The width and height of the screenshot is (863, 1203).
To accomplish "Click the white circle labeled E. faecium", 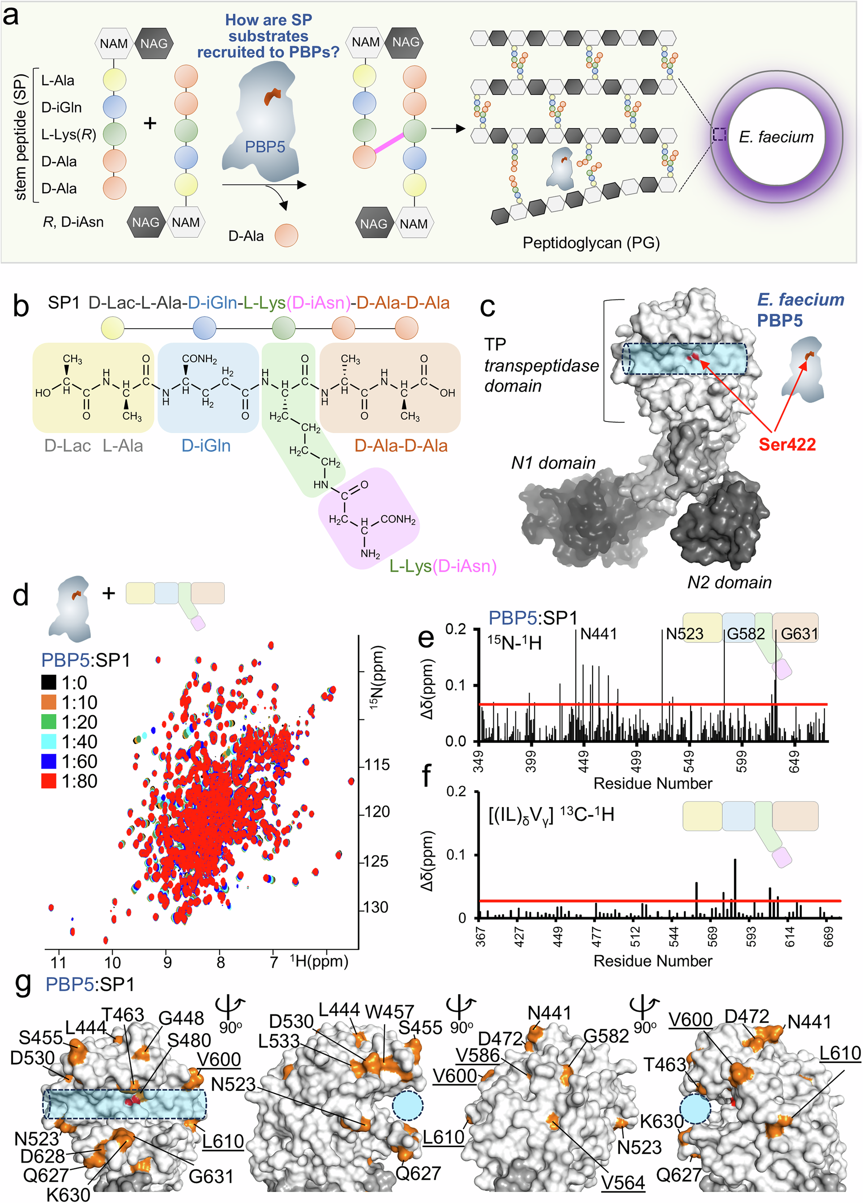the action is (x=776, y=136).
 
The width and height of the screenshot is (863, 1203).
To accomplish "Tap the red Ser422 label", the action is (x=786, y=444).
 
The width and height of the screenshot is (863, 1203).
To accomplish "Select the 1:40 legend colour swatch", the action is (x=49, y=742).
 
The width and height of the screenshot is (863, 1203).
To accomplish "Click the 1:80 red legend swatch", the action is (x=49, y=781).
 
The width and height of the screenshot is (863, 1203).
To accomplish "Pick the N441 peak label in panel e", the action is (x=598, y=634).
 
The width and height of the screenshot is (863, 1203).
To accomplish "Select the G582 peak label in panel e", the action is (x=746, y=634).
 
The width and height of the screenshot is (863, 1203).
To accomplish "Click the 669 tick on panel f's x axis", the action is (x=828, y=937).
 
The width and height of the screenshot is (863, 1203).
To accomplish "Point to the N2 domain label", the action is (x=729, y=582).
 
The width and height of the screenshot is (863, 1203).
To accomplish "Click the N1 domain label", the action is (x=553, y=463).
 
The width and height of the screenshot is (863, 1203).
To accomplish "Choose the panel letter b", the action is (x=21, y=306).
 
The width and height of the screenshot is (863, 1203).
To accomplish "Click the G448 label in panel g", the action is (x=181, y=1018).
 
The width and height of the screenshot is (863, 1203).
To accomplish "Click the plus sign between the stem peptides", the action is (x=151, y=123).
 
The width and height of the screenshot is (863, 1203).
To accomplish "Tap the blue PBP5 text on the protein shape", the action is (x=265, y=146).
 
